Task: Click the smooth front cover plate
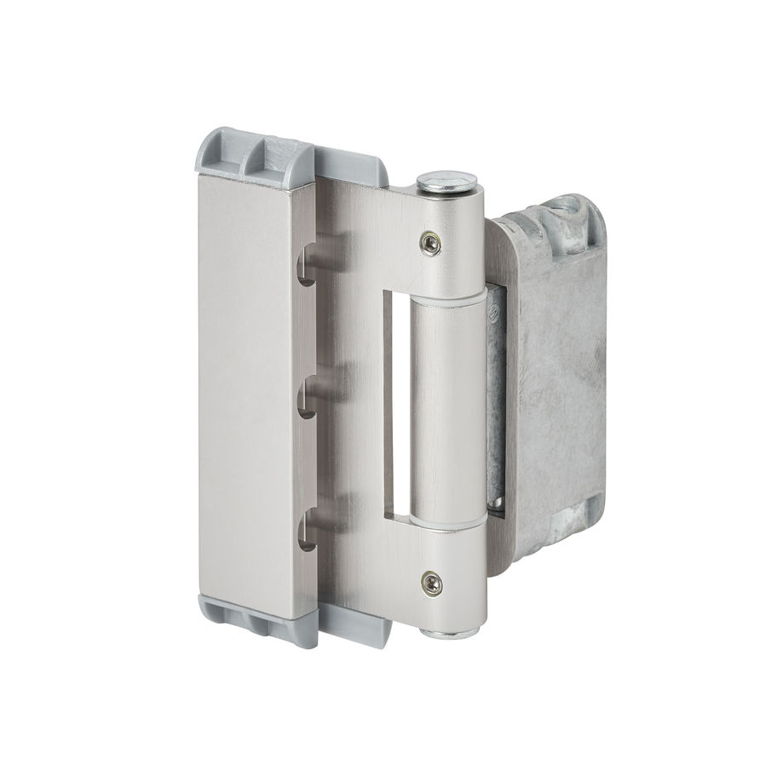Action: point(247,383)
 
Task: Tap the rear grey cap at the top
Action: point(354,164)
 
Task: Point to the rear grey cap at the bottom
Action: point(358,626)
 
